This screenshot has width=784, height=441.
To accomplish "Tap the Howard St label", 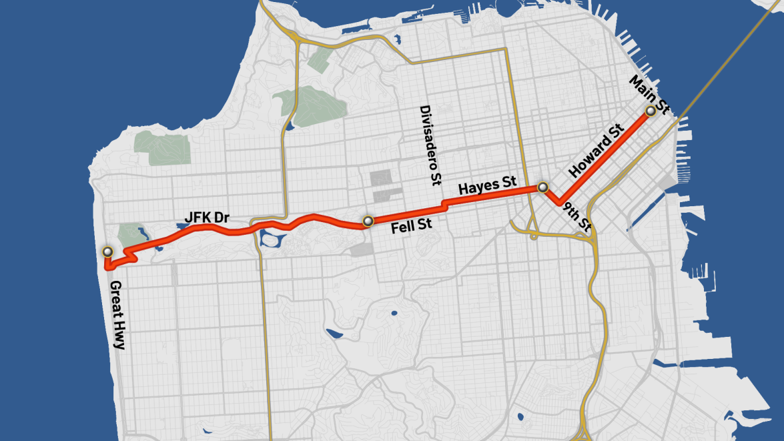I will tap(595, 150).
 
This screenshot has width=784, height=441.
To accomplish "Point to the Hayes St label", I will tap(488, 186).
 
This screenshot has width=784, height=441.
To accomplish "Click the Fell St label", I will tap(411, 226).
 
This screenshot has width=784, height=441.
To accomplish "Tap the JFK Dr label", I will tap(203, 217).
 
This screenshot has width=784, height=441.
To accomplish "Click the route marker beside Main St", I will tap(649, 111).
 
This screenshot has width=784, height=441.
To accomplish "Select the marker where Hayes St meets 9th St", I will tap(543, 187).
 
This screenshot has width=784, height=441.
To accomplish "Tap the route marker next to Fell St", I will tap(366, 221).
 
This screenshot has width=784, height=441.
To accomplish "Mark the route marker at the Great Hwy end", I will tap(107, 252).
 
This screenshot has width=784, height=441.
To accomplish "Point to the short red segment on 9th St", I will tap(550, 197).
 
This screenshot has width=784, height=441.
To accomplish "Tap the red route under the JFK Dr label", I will tap(200, 228).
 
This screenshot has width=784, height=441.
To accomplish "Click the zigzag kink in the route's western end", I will tap(130, 254).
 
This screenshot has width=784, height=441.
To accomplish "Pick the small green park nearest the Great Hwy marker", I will tap(126, 234).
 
